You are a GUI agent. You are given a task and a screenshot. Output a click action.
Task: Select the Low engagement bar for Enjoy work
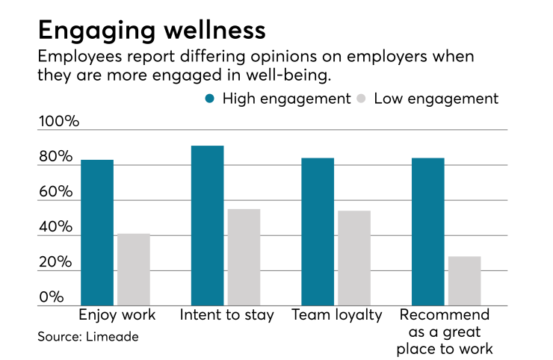coord(134,270)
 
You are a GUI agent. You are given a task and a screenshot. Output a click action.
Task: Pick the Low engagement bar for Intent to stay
coord(244,258)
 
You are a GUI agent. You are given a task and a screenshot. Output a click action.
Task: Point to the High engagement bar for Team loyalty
coord(318,232)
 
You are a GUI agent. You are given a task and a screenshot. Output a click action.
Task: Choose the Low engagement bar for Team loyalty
coord(354,258)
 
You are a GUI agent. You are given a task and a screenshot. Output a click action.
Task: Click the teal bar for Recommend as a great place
coord(428,232)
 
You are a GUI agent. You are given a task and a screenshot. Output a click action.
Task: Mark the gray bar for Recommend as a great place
coord(465,281)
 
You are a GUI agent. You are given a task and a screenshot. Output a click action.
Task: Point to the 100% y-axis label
coord(58,122)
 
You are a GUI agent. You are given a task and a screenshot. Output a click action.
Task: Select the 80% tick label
coord(56,157)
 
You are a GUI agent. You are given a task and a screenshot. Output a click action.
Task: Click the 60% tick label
coord(56,192)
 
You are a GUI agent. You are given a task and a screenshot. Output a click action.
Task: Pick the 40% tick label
coord(56,227)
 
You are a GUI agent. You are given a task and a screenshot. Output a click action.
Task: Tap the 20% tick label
coord(56,262)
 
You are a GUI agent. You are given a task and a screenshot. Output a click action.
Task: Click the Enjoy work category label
coord(117,314)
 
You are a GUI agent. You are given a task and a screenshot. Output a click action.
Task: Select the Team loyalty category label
coord(336,314)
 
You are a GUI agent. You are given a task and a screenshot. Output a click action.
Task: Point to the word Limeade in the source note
coord(112,337)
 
